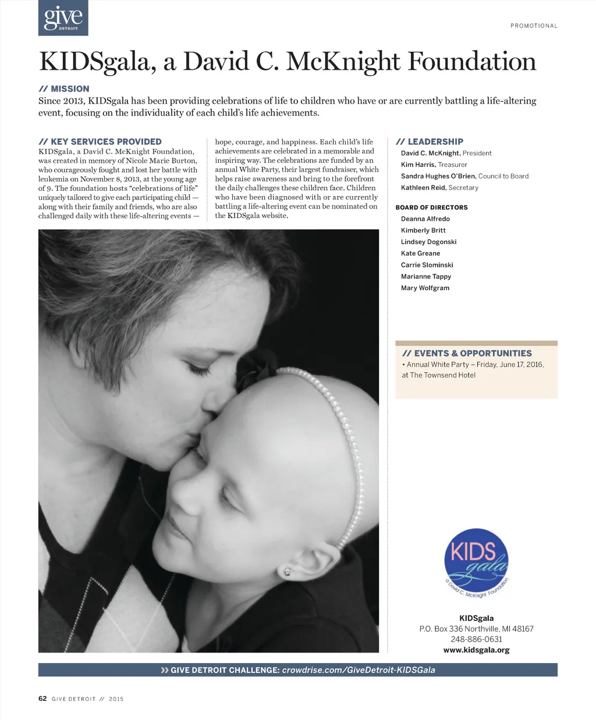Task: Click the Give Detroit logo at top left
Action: point(63,17)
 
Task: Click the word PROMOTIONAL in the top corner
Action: point(534,26)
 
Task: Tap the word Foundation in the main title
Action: point(471,62)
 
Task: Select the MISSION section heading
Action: point(70,89)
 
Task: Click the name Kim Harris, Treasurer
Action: point(434,165)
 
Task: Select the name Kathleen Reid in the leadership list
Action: point(423,188)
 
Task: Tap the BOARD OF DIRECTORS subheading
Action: point(431,208)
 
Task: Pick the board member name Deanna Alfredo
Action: point(425,219)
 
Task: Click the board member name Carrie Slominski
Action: point(427,265)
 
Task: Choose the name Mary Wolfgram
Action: point(425,288)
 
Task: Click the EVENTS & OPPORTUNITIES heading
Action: point(473,353)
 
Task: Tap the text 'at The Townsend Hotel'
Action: point(438,375)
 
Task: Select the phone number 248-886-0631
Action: point(476,639)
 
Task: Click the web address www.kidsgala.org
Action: point(476,650)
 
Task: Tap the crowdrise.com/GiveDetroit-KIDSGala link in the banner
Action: point(358,670)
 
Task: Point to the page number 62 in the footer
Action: point(42,698)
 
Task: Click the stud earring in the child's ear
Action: point(287,572)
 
